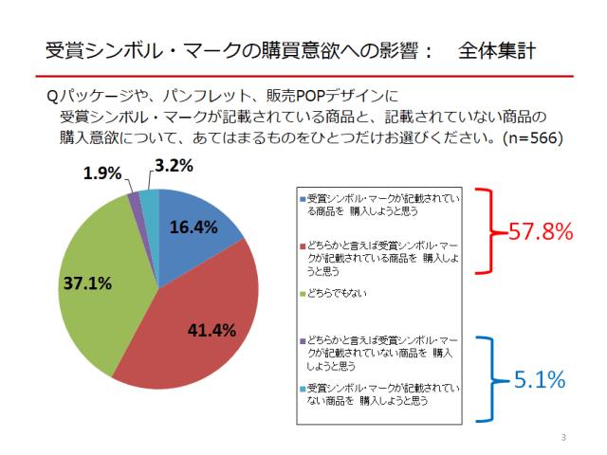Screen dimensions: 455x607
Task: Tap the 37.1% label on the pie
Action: tap(87, 282)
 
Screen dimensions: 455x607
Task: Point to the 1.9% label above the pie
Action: tap(102, 173)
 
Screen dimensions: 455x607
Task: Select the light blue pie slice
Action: tap(150, 196)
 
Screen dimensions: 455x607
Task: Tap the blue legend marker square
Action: tap(303, 200)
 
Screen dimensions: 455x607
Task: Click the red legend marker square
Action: tap(303, 245)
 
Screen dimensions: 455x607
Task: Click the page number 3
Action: tap(563, 437)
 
